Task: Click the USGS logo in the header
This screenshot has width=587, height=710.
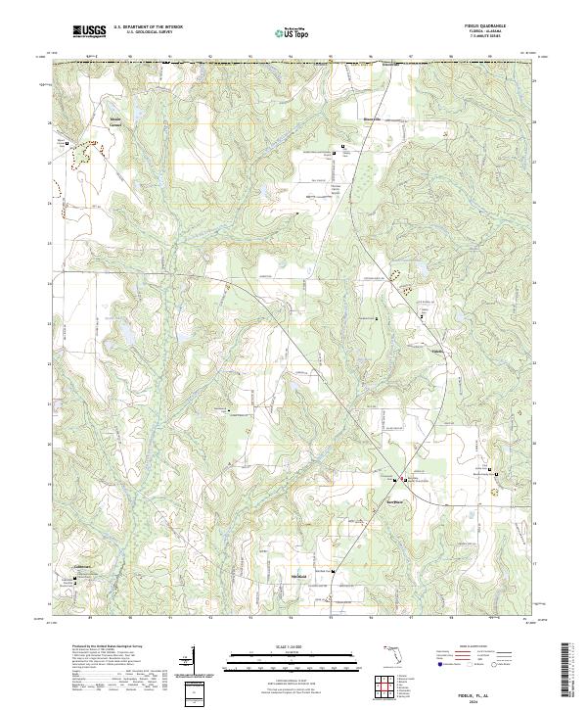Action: click(x=90, y=31)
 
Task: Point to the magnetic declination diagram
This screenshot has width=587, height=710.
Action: click(x=192, y=661)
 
